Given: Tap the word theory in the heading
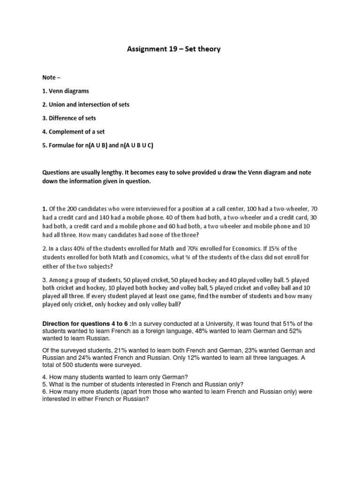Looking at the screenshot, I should tap(209, 49).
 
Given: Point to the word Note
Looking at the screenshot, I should tap(50, 77).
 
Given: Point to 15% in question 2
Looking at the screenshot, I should tap(278, 248).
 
